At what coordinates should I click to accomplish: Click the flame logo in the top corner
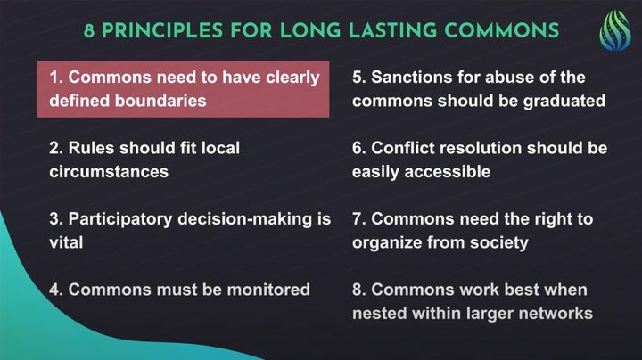(x=615, y=31)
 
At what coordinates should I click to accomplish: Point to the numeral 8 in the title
(x=89, y=31)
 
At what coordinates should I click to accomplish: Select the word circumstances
(x=109, y=172)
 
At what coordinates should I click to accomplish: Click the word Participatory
(x=120, y=220)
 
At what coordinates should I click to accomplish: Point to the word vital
(x=66, y=242)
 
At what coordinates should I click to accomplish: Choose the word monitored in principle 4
(x=268, y=290)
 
